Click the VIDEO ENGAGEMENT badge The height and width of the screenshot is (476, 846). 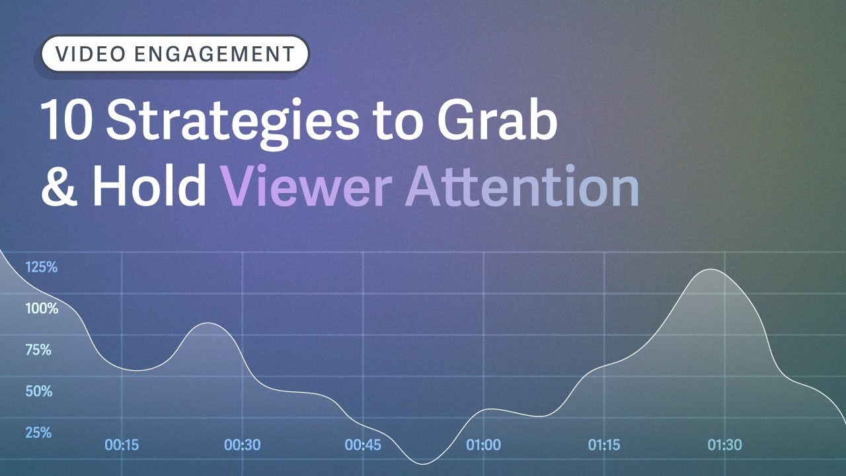[x=174, y=54]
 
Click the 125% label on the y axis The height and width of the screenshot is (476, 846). [x=42, y=268]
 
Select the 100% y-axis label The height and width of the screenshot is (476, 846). [x=42, y=309]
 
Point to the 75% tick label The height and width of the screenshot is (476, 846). [x=38, y=350]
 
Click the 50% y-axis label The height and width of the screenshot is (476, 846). [x=38, y=391]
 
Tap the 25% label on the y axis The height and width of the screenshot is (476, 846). [x=38, y=433]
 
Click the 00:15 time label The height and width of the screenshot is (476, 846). [x=122, y=445]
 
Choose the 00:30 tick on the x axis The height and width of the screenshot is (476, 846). [x=242, y=445]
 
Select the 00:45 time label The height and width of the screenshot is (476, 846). [x=363, y=445]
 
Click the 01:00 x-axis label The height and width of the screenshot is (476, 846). [x=483, y=445]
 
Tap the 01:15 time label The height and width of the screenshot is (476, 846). [x=604, y=445]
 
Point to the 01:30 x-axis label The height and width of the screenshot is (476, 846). [x=724, y=445]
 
